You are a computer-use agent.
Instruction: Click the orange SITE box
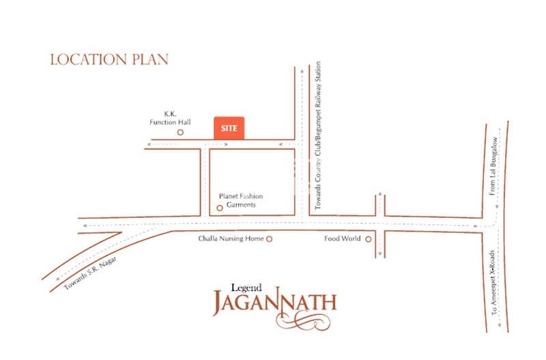[x=230, y=128]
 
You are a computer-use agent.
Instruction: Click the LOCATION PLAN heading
[x=109, y=59]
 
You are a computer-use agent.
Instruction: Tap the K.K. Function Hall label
[x=170, y=118]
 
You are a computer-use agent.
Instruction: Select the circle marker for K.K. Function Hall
[x=180, y=132]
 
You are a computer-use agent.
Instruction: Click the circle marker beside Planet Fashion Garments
[x=219, y=208]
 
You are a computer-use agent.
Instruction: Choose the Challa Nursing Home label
[x=231, y=239]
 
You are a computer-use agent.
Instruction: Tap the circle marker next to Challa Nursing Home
[x=269, y=239]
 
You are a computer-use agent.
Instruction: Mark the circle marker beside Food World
[x=368, y=239]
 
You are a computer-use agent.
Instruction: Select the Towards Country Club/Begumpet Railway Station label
[x=318, y=137]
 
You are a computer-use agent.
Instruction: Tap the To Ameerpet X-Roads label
[x=494, y=281]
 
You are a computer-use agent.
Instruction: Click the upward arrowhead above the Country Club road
[x=302, y=68]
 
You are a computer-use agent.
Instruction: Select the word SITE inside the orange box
[x=230, y=128]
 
